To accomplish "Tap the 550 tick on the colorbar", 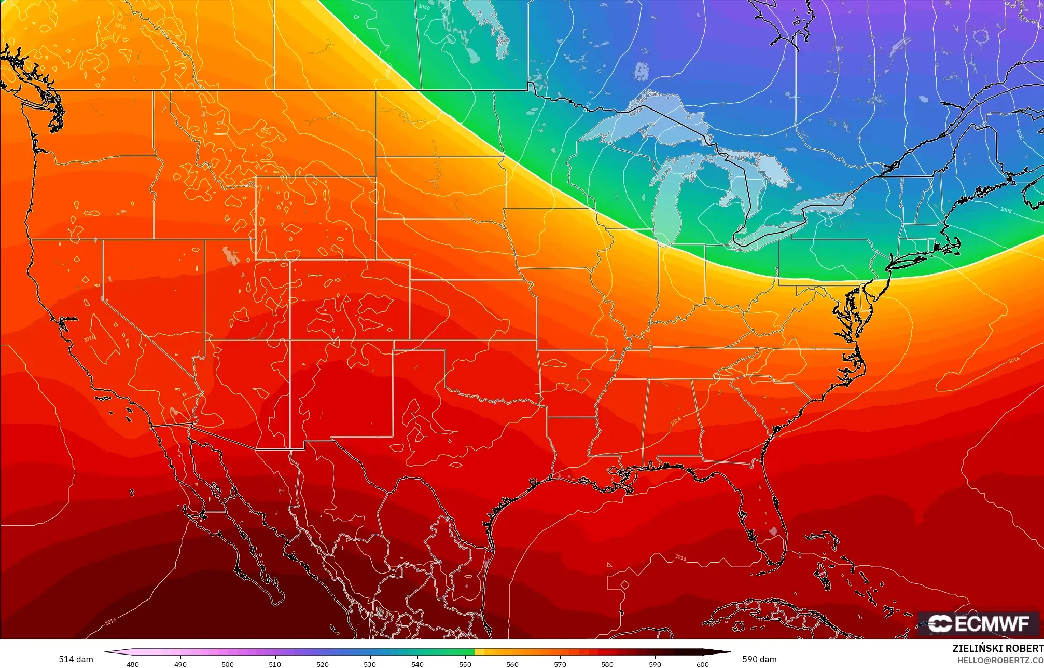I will pos(465,664).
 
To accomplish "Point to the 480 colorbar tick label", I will pos(133,664).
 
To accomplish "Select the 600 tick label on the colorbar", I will pos(702,664).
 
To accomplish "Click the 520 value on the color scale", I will pos(323,664).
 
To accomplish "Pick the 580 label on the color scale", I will pos(607,664).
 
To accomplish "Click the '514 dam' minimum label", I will pos(76,659).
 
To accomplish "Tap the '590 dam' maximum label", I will pos(759,659).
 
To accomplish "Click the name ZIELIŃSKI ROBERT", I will pos(998,648).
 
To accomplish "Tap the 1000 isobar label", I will pos(1020,134).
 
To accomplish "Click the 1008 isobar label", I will pos(1006,210).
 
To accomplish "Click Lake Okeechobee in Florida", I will pos(773,531).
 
